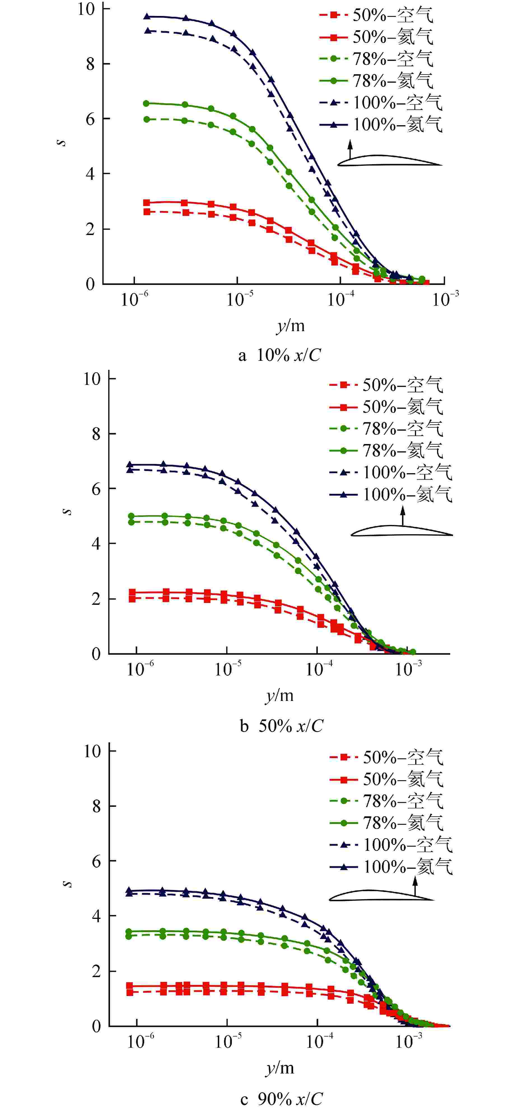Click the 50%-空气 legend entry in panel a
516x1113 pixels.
pos(376,16)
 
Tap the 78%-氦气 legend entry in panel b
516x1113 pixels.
pos(386,451)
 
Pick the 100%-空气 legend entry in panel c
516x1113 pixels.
pos(391,845)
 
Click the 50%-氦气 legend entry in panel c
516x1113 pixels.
pos(386,779)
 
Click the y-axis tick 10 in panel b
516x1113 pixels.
pos(92,379)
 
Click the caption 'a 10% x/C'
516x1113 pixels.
pos(279,355)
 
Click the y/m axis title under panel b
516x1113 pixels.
pos(279,695)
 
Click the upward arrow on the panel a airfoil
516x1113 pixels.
pos(350,149)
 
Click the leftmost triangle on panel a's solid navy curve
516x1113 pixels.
pos(147,17)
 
